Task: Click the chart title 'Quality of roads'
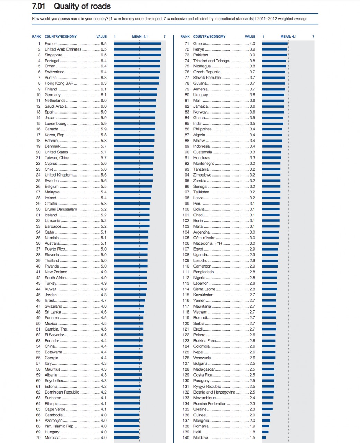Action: (x=82, y=6)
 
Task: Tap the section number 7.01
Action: (x=38, y=6)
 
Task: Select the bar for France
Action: (x=137, y=44)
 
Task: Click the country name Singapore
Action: (x=53, y=55)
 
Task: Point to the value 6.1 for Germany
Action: (x=103, y=95)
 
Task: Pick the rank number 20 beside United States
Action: (x=38, y=152)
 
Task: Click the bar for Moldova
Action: (x=264, y=437)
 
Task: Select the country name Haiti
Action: (x=197, y=432)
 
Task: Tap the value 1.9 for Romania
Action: (x=252, y=426)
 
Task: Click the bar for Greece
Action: (x=275, y=44)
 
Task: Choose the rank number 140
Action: (x=186, y=437)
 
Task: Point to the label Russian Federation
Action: (x=210, y=404)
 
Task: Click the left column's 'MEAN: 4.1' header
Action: (x=140, y=37)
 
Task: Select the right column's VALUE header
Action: (x=250, y=37)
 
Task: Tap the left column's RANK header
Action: (x=36, y=37)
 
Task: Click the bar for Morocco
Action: (x=126, y=437)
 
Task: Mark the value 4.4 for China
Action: (x=103, y=346)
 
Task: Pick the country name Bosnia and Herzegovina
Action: (x=214, y=392)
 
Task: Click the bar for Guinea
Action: (x=266, y=415)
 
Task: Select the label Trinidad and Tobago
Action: (x=211, y=61)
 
